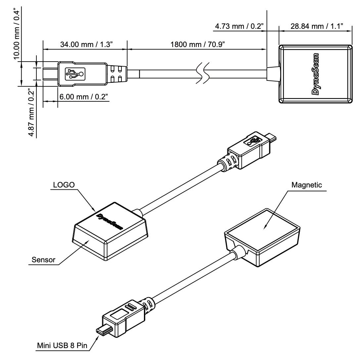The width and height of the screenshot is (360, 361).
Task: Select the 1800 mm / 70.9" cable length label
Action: (x=197, y=44)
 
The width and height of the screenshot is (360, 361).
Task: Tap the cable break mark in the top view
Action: (x=202, y=74)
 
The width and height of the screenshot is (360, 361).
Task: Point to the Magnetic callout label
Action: (x=306, y=185)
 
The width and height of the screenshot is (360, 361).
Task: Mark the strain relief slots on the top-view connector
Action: (x=116, y=74)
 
